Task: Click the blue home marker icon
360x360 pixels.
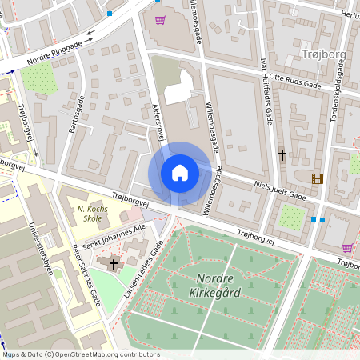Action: pos(180,173)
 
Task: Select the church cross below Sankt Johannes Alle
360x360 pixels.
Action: pos(113,262)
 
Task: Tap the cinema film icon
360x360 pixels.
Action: pos(318,178)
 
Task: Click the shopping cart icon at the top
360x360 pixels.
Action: pos(160,19)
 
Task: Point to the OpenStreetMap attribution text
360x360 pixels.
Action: pos(80,354)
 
